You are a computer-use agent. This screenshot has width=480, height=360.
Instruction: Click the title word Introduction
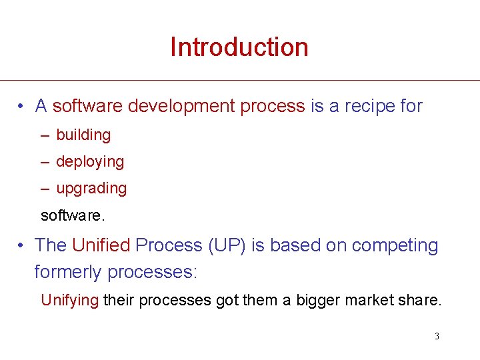(x=239, y=47)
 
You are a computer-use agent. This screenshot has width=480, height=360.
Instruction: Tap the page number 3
(x=437, y=336)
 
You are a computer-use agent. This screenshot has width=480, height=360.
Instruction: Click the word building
(x=83, y=135)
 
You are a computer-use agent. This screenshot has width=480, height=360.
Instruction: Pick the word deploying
(x=90, y=162)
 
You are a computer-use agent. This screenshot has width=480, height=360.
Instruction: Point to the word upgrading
(x=91, y=189)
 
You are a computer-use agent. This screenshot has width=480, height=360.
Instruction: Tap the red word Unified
(x=101, y=245)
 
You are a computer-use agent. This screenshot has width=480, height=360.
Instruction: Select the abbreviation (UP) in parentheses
(x=227, y=245)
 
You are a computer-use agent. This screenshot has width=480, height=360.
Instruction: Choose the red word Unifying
(x=70, y=300)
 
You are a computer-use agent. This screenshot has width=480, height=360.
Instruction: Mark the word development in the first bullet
(x=180, y=106)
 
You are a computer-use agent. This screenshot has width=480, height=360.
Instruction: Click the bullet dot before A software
(x=22, y=107)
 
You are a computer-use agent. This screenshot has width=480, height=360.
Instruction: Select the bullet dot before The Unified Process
(x=22, y=246)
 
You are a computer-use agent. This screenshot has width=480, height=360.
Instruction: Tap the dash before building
(x=45, y=135)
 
